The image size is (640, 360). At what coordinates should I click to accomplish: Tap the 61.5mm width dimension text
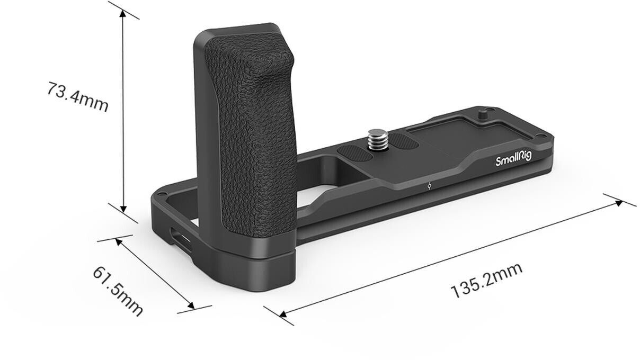(118, 291)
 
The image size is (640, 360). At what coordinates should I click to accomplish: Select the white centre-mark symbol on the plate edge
(429, 186)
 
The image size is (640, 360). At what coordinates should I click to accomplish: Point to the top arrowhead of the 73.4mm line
(123, 13)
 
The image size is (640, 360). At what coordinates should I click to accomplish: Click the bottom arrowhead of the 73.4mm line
(123, 209)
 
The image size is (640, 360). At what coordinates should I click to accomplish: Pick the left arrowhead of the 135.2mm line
(282, 314)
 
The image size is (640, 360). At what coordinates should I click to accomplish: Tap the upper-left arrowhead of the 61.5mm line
(118, 241)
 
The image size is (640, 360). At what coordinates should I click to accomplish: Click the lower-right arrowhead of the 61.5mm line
(191, 307)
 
